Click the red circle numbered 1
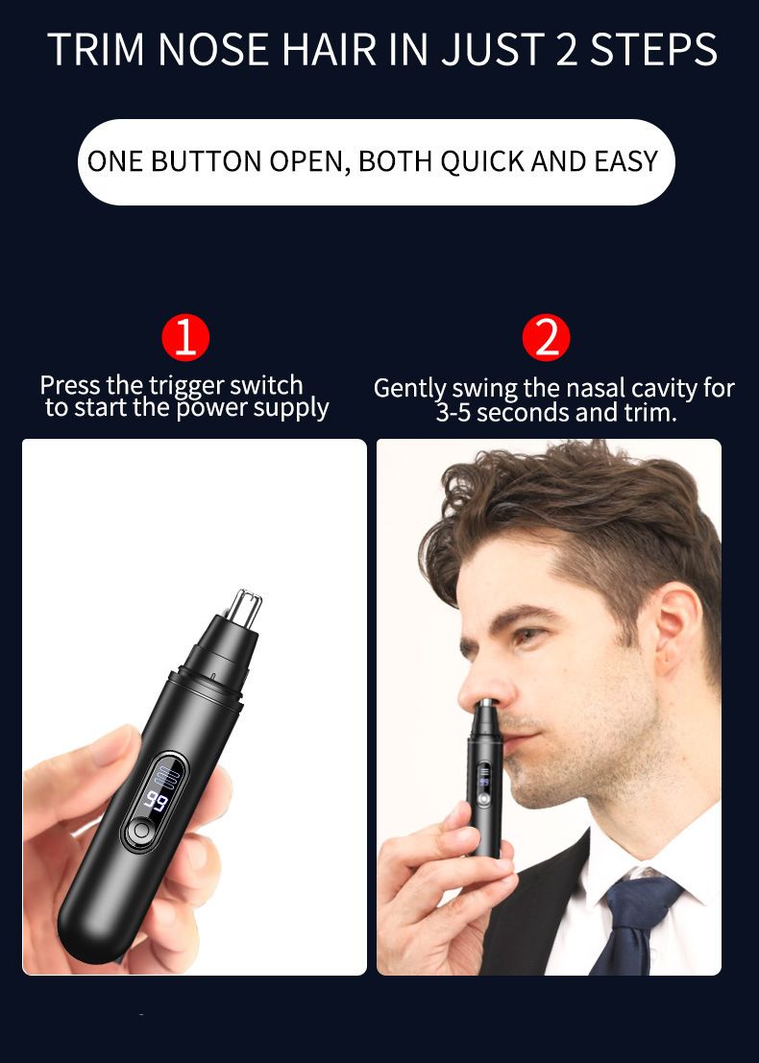[185, 338]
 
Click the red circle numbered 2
[546, 338]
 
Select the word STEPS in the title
[653, 50]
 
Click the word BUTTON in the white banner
[206, 161]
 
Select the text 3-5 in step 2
[453, 413]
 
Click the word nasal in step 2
[595, 389]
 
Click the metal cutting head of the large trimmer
[243, 608]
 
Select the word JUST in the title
[494, 50]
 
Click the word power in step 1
[211, 409]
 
